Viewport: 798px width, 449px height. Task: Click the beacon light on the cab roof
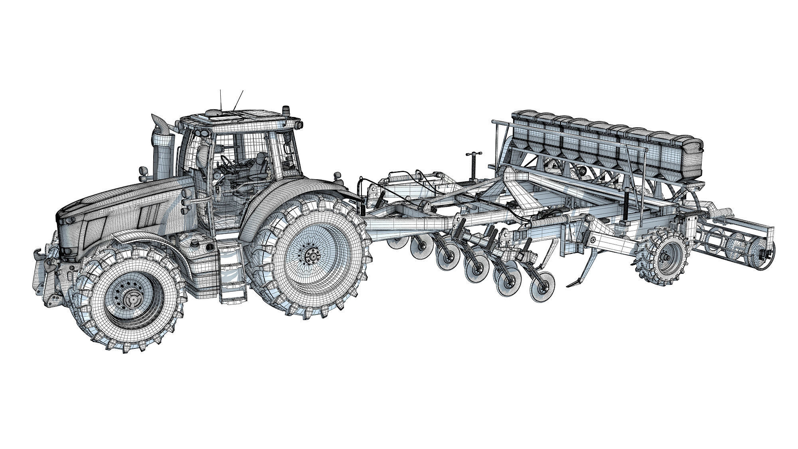tap(286, 110)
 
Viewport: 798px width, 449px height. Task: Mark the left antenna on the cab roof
tap(220, 100)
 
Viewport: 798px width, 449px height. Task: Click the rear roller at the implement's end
tap(738, 245)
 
